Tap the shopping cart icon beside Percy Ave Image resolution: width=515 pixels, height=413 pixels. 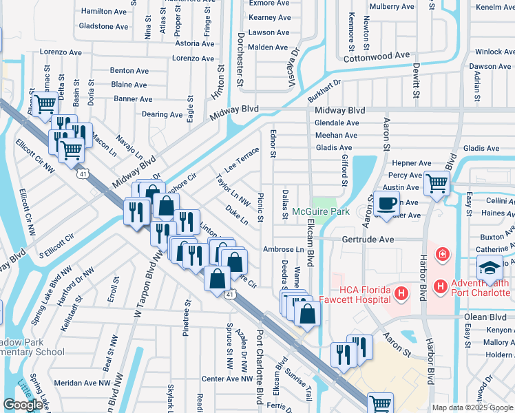click(x=437, y=183)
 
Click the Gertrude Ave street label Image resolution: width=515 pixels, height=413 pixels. click(x=368, y=240)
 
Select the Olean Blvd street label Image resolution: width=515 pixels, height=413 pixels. click(x=485, y=317)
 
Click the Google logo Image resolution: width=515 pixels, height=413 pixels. click(x=23, y=405)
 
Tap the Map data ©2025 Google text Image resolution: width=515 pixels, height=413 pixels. click(x=472, y=407)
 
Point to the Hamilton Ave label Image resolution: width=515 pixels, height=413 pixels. click(x=105, y=12)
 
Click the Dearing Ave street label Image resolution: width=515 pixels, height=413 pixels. click(x=162, y=114)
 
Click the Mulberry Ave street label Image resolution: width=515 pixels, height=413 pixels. click(x=392, y=6)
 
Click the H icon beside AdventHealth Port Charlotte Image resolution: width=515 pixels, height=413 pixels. click(x=441, y=284)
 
